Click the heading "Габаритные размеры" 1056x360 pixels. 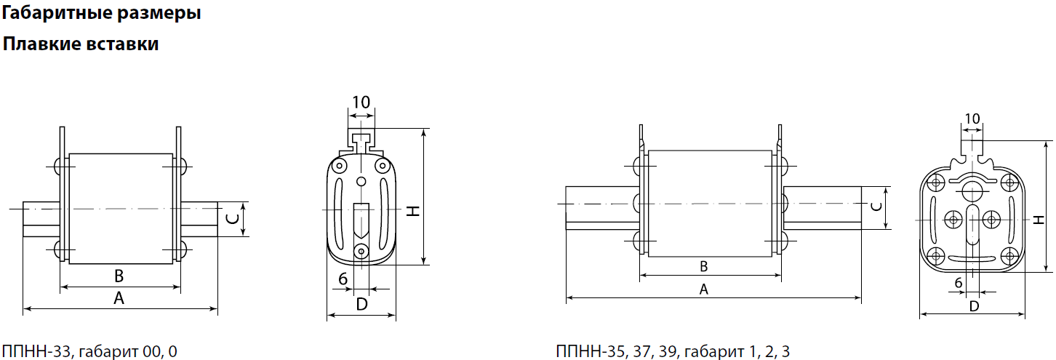[x=101, y=13]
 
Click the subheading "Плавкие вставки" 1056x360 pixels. [x=81, y=44]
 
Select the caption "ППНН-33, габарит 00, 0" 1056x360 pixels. [x=89, y=351]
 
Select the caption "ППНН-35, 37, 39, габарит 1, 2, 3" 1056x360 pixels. [x=673, y=351]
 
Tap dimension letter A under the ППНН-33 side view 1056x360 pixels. [x=119, y=297]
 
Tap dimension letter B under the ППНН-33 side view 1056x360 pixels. [x=119, y=276]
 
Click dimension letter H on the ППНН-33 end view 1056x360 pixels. [x=413, y=211]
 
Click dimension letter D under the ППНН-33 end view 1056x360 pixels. [x=361, y=305]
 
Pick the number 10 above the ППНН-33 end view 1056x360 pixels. [x=361, y=102]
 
